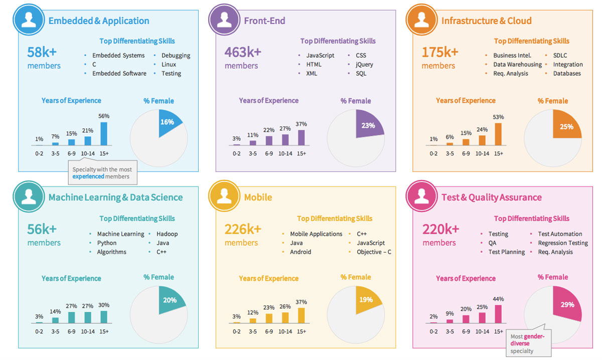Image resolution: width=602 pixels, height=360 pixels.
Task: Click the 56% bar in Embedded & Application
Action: [104, 134]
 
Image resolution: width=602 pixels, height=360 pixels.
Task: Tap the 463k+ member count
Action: [243, 52]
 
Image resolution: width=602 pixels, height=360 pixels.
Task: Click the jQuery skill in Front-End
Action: [364, 65]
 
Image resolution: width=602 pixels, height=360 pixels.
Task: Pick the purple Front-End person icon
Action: [224, 20]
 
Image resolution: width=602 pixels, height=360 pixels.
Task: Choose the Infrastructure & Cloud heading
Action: [486, 21]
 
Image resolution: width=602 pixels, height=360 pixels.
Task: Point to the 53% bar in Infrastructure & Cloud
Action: [498, 134]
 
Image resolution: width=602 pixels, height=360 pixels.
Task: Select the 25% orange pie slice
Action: [566, 126]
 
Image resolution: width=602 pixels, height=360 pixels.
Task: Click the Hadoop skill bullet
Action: [167, 234]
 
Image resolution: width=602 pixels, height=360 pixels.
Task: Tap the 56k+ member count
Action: [42, 229]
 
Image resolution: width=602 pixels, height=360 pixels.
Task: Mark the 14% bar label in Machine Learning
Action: [55, 311]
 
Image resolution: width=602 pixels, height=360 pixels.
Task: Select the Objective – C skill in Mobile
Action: [374, 252]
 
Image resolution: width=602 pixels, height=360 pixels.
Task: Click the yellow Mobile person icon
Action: [224, 197]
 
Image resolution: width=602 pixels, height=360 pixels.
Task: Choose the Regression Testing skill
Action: [562, 243]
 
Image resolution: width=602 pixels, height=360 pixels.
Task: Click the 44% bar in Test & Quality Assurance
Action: [498, 313]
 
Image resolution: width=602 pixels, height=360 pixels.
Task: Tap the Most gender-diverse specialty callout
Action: [528, 343]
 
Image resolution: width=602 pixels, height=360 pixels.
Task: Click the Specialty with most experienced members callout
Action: [102, 173]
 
